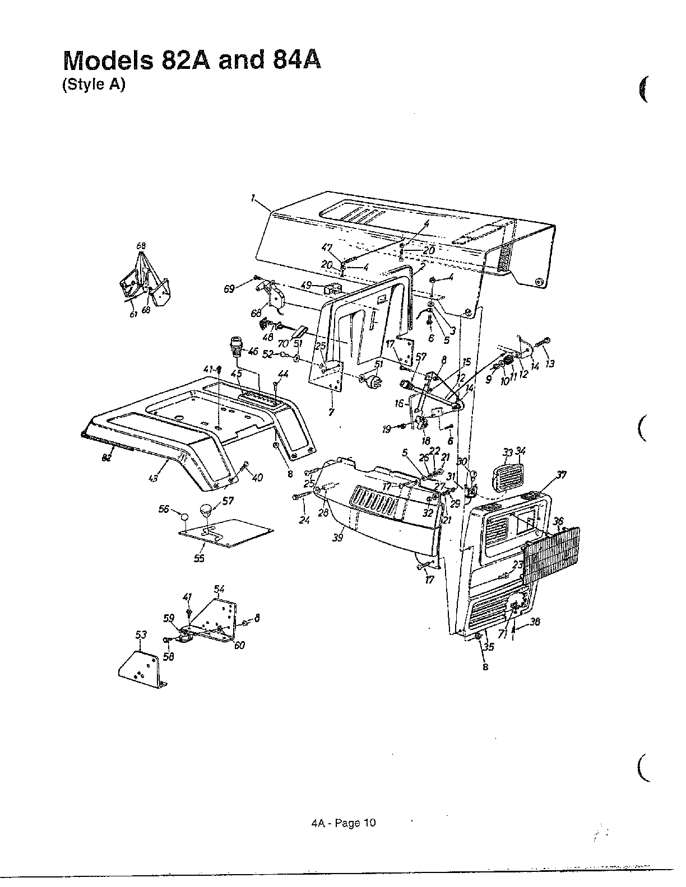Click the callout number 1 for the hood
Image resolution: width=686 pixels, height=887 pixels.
coord(253,198)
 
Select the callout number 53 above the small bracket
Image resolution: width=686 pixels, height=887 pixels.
coord(141,634)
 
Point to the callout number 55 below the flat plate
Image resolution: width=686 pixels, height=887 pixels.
coord(199,558)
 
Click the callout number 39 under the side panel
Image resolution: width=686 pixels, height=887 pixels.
coord(337,538)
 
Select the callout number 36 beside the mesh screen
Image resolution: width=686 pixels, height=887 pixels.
coord(558,521)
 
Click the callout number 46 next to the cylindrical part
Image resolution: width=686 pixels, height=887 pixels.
coord(253,352)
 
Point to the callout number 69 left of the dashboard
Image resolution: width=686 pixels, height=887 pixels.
coord(229,290)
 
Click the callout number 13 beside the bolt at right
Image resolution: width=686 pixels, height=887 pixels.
coord(549,364)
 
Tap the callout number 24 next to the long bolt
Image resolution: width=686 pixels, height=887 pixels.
coord(304,520)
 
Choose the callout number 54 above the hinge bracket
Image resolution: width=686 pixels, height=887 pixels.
coord(219,589)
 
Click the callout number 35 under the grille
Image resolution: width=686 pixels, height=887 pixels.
coord(489,647)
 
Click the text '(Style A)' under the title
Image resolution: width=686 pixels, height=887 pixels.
coord(93,85)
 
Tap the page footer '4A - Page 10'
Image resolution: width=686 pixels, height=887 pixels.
coord(342,823)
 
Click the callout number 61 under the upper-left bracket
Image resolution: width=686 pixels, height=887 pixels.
coord(133,315)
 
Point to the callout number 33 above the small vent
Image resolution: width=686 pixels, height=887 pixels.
coord(508,452)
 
